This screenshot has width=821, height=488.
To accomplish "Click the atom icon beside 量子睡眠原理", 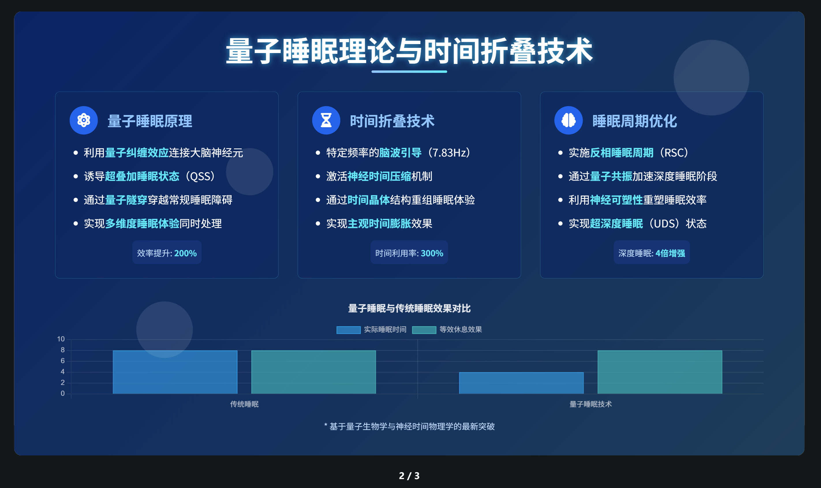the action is click(x=84, y=120).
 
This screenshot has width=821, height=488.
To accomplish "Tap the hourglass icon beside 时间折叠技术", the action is click(x=326, y=120).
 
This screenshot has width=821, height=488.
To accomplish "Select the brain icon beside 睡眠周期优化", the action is click(x=568, y=120).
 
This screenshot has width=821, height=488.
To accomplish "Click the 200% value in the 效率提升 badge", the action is click(x=185, y=253).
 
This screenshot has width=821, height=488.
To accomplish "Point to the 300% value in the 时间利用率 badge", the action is click(x=432, y=253).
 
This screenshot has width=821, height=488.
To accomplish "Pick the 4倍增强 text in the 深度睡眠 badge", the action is click(x=670, y=253).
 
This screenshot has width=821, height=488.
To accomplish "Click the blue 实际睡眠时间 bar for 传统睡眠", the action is click(x=175, y=372).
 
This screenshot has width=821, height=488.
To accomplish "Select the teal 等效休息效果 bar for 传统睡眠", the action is click(x=313, y=372).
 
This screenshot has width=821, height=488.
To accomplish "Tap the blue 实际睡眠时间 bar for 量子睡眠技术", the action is click(x=521, y=383).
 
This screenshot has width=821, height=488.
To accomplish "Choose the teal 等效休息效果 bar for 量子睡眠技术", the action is click(x=660, y=372).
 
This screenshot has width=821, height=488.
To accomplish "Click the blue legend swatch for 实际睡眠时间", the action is click(x=348, y=330).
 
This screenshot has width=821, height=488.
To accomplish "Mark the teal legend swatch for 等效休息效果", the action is click(x=424, y=330).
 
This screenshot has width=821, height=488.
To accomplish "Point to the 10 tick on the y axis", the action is click(x=61, y=339).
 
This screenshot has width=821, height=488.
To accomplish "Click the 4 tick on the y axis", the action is click(x=63, y=372).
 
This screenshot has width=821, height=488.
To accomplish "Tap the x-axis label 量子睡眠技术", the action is click(x=590, y=404).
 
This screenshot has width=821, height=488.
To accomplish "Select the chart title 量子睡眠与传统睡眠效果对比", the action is click(x=409, y=308).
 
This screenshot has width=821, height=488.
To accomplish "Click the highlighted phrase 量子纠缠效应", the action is click(x=136, y=152).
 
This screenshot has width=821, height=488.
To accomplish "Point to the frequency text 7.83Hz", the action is click(x=449, y=152).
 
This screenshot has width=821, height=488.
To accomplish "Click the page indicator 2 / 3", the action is click(x=409, y=476).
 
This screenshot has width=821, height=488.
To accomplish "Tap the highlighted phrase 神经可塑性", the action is click(x=616, y=200).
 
